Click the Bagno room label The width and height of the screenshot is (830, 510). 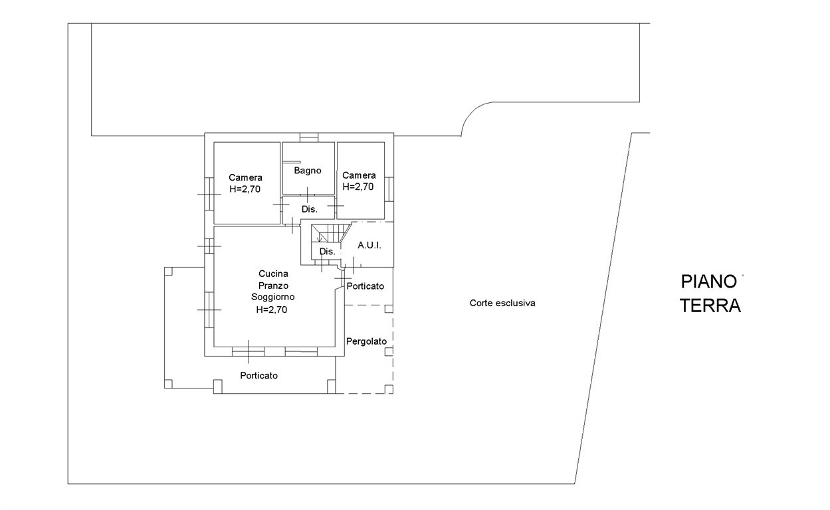[308, 171]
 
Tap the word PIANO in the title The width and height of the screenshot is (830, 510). [708, 282]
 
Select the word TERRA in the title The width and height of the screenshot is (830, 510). [710, 306]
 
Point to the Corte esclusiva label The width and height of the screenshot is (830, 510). [502, 303]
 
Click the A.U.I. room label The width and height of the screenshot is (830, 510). [369, 245]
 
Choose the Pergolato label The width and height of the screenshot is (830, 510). [366, 341]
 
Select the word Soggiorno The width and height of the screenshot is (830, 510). [273, 297]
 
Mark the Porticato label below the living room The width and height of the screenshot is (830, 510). [259, 376]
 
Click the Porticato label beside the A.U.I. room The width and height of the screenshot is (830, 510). [365, 286]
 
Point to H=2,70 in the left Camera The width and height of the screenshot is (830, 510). [245, 189]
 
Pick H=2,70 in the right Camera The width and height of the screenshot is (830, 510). [358, 187]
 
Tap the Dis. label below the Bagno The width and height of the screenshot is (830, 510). [309, 209]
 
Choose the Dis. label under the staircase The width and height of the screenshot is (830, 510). [326, 252]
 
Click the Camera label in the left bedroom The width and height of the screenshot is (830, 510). [245, 178]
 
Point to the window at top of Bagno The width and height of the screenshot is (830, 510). [308, 137]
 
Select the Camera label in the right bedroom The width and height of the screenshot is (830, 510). [359, 175]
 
